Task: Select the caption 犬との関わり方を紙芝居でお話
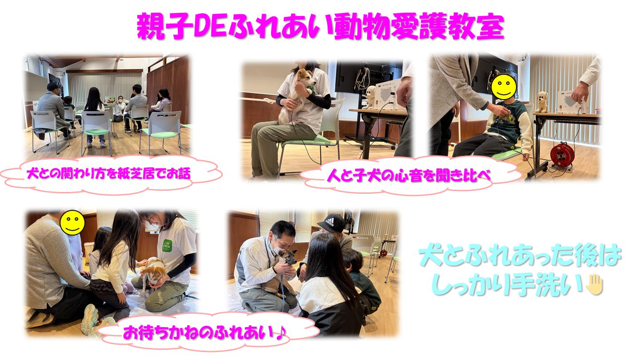(108, 173)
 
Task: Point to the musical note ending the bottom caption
(281, 332)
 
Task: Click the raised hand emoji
(595, 284)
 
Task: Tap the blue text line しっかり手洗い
(508, 284)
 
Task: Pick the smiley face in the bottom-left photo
(72, 223)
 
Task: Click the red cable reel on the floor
(562, 155)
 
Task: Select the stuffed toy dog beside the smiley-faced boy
(541, 102)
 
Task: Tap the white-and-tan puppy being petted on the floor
(153, 273)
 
